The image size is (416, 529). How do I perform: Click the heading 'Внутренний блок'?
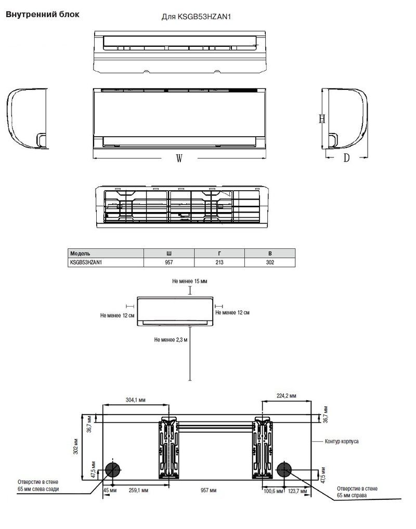pos(43,15)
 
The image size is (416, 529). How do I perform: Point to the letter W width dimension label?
pos(179,160)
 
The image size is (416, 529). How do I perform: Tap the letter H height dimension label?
pos(322,119)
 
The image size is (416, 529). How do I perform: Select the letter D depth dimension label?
pos(346,158)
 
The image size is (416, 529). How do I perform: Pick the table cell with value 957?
pos(168,262)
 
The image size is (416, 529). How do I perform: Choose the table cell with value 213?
pos(219,262)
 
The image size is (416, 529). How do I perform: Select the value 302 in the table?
pos(269,262)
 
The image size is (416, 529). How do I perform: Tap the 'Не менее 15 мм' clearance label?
pos(190,281)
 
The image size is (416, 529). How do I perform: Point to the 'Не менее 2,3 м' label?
pos(171,339)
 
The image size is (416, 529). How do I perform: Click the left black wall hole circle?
pos(112,470)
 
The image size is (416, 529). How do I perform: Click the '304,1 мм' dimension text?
pos(136,400)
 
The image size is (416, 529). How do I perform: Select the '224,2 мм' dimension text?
pos(287,396)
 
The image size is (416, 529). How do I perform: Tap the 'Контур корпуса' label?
pos(341,441)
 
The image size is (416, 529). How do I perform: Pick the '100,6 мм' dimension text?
pos(273,491)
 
